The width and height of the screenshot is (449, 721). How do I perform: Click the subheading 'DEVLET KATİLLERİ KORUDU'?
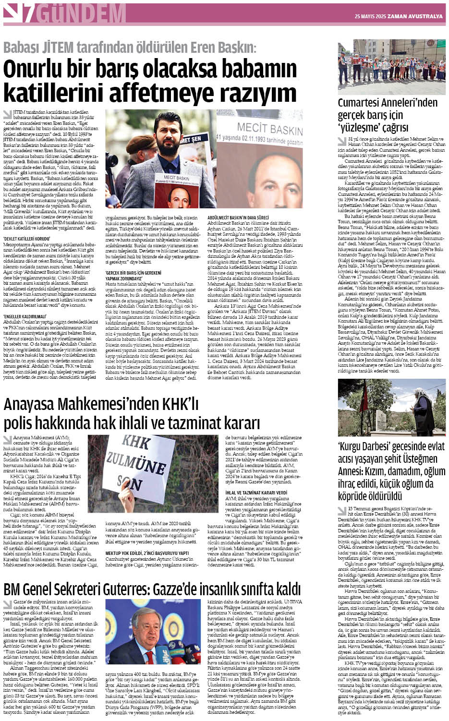(x=27, y=238)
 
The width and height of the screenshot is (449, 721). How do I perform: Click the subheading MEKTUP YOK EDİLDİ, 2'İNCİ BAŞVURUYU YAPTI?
(x=147, y=553)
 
